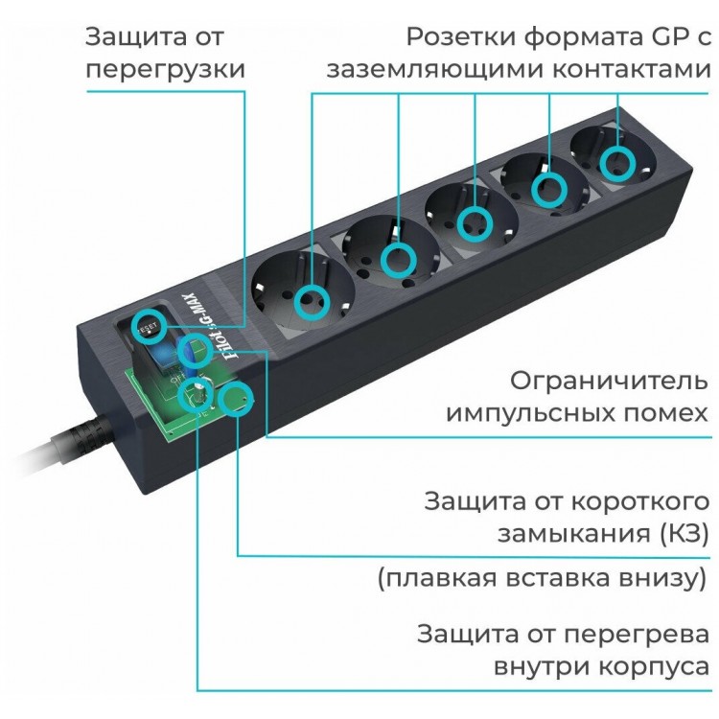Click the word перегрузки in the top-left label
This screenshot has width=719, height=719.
[166, 70]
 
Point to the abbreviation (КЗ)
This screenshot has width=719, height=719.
[684, 533]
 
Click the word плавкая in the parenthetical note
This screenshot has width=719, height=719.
[441, 578]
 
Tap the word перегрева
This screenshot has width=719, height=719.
[636, 636]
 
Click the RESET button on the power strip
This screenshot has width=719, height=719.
[148, 328]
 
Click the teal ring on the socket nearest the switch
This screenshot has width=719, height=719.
[312, 302]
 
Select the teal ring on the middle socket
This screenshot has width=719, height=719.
[475, 224]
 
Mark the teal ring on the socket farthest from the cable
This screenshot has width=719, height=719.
[617, 164]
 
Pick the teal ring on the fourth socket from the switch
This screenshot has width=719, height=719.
[549, 190]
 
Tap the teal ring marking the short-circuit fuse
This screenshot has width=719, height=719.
[235, 400]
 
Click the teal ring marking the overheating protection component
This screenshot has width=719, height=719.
[196, 395]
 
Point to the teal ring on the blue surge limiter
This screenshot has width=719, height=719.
[195, 352]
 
